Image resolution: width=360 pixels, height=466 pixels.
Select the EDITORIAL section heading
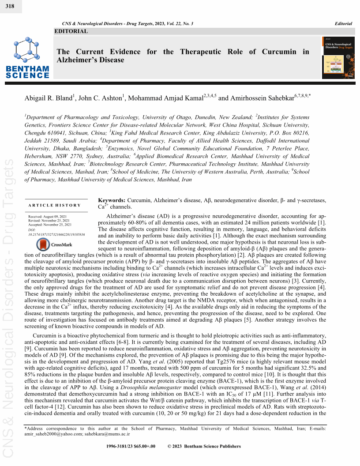[x=71, y=31]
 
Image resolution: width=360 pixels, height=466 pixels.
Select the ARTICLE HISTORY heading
[x=55, y=205]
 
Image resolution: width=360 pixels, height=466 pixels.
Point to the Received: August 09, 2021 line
[x=48, y=218]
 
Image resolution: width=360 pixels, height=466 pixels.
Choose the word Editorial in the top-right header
[x=343, y=23]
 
